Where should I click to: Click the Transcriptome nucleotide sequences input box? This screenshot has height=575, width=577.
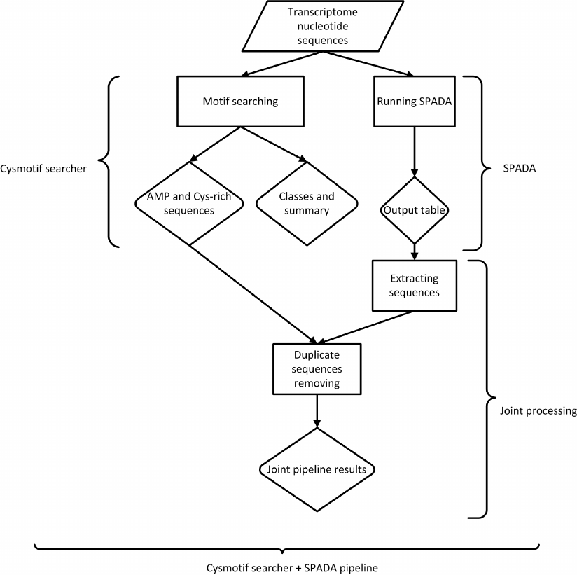click(318, 26)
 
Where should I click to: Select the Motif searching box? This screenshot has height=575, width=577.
click(240, 102)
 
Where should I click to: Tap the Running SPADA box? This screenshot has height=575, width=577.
click(414, 102)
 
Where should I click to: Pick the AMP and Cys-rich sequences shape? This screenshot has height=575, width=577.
click(189, 203)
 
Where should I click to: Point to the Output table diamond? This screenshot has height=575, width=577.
click(414, 210)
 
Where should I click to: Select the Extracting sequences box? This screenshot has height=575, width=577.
click(414, 286)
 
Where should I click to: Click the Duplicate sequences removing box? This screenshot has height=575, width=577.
click(317, 368)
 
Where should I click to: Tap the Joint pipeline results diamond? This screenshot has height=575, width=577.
click(317, 469)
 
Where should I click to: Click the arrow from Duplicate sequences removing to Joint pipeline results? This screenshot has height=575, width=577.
click(317, 410)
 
